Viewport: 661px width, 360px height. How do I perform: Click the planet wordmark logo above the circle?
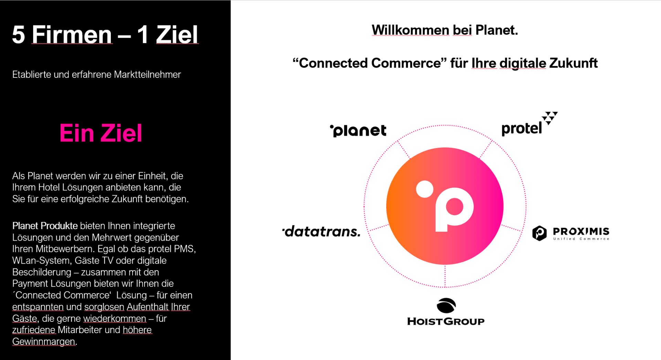(x=358, y=131)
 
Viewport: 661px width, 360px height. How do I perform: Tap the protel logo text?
(x=522, y=128)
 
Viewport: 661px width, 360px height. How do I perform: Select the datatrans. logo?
(x=321, y=231)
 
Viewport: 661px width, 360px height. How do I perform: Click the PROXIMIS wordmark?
(x=581, y=231)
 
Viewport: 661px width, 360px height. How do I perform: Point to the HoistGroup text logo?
(x=446, y=321)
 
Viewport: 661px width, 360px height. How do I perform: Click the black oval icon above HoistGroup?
(x=446, y=305)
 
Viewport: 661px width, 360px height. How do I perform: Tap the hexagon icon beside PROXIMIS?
(x=539, y=233)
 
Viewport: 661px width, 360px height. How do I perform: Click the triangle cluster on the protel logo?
(x=549, y=118)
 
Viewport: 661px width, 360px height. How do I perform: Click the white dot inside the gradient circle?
(x=425, y=189)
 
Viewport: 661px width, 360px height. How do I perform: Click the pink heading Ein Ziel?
(x=101, y=133)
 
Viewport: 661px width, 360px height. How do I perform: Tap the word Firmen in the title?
(x=72, y=34)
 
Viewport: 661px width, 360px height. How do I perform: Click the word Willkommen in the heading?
(x=410, y=30)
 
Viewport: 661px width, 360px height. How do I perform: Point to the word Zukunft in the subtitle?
(x=573, y=63)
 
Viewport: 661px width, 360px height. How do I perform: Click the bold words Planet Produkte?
(x=45, y=226)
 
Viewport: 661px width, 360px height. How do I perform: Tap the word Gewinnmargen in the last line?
(x=44, y=341)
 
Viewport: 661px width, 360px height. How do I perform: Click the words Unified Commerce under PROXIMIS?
(x=581, y=239)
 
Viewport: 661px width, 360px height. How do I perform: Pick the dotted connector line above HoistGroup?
(x=445, y=276)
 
